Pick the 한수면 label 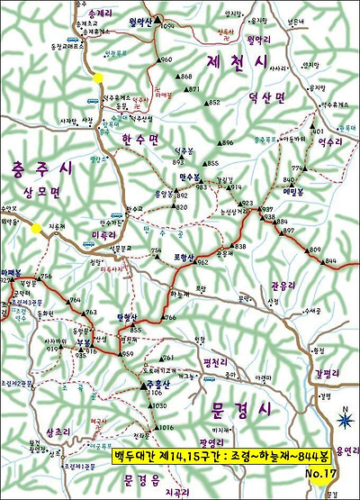click(140, 139)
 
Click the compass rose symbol click(343, 418)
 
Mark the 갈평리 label click(328, 373)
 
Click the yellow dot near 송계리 click(97, 78)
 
